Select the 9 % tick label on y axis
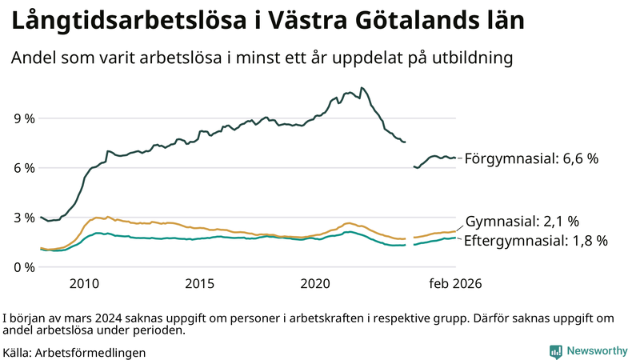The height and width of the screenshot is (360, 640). [25, 118]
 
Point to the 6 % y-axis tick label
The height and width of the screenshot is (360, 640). [25, 168]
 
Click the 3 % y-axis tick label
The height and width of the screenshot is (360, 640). [25, 218]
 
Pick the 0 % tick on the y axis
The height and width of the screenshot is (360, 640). [25, 266]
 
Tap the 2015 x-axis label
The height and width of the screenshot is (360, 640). [199, 284]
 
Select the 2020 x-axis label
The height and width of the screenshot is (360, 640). [314, 284]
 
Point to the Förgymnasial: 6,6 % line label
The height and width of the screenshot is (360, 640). [531, 159]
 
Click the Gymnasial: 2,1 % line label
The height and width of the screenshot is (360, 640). [522, 222]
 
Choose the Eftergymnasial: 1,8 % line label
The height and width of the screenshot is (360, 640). [535, 240]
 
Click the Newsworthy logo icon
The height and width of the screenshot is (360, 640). [555, 351]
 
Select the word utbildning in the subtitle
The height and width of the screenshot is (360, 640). [472, 58]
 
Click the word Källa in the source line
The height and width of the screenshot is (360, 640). [18, 352]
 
